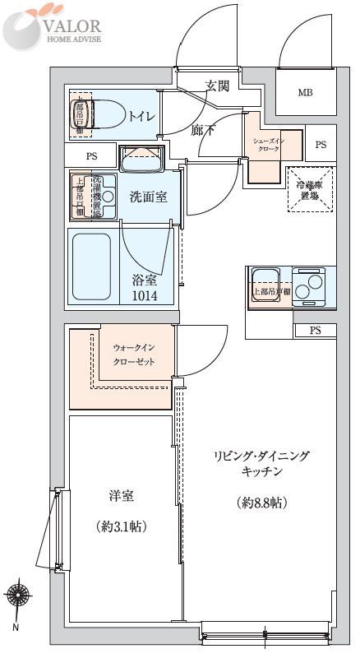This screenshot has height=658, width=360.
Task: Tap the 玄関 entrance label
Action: click(x=218, y=85)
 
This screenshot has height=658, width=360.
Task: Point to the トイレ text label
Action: click(x=141, y=116)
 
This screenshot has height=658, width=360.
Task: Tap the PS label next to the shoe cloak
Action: click(x=321, y=145)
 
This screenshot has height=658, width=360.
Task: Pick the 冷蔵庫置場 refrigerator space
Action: click(x=311, y=190)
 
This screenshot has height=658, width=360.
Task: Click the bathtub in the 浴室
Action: click(x=91, y=266)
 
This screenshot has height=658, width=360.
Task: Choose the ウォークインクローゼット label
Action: click(x=133, y=354)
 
